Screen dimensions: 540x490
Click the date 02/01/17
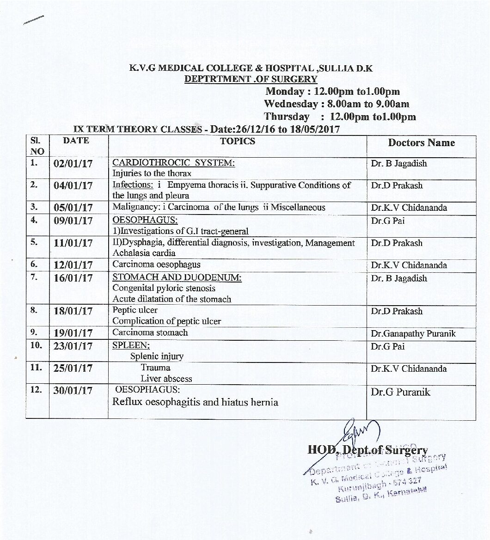(73, 164)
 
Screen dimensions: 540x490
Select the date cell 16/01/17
(73, 278)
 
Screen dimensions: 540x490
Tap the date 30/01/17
(73, 391)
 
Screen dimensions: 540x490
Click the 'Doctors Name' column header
(421, 143)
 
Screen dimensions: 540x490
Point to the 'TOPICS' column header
(238, 141)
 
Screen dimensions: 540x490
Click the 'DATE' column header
(76, 141)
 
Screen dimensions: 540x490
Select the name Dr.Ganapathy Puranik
(413, 333)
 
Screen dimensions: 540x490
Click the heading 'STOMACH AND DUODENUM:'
(177, 278)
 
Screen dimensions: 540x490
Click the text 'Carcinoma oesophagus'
(157, 264)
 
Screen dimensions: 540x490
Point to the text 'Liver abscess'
(166, 379)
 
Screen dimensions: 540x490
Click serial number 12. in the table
(36, 390)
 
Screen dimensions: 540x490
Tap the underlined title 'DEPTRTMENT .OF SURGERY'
(251, 79)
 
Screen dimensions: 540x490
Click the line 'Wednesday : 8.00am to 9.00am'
(337, 104)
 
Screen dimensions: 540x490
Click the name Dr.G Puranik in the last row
(400, 392)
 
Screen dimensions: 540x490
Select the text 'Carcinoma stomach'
(150, 332)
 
